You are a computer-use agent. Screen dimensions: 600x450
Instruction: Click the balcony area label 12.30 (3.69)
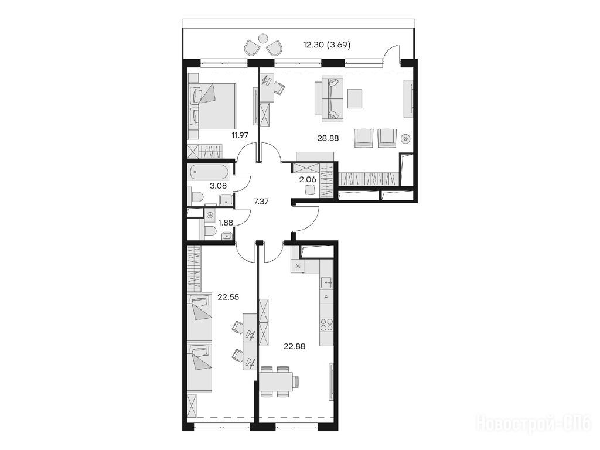pos(326,45)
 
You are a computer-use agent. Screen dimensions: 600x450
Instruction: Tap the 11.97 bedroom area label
pos(240,135)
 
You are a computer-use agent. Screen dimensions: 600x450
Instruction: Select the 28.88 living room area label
pos(328,138)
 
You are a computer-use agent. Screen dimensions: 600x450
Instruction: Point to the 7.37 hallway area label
pos(261,202)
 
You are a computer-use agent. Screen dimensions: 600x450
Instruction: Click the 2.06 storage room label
pos(307,179)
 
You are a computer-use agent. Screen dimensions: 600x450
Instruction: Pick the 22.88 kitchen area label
pos(294,347)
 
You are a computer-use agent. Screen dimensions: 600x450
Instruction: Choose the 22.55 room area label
pos(228,297)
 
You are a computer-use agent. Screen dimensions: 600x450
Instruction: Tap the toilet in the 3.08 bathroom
pos(196,197)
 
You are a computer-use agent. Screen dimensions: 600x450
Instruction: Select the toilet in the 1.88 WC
pos(210,231)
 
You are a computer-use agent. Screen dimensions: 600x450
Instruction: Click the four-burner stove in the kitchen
pos(326,325)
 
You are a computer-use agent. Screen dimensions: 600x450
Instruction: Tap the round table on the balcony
pos(263,39)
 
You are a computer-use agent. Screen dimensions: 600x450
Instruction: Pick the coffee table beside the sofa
pos(354,98)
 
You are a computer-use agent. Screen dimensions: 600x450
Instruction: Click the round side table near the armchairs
pos(405,138)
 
